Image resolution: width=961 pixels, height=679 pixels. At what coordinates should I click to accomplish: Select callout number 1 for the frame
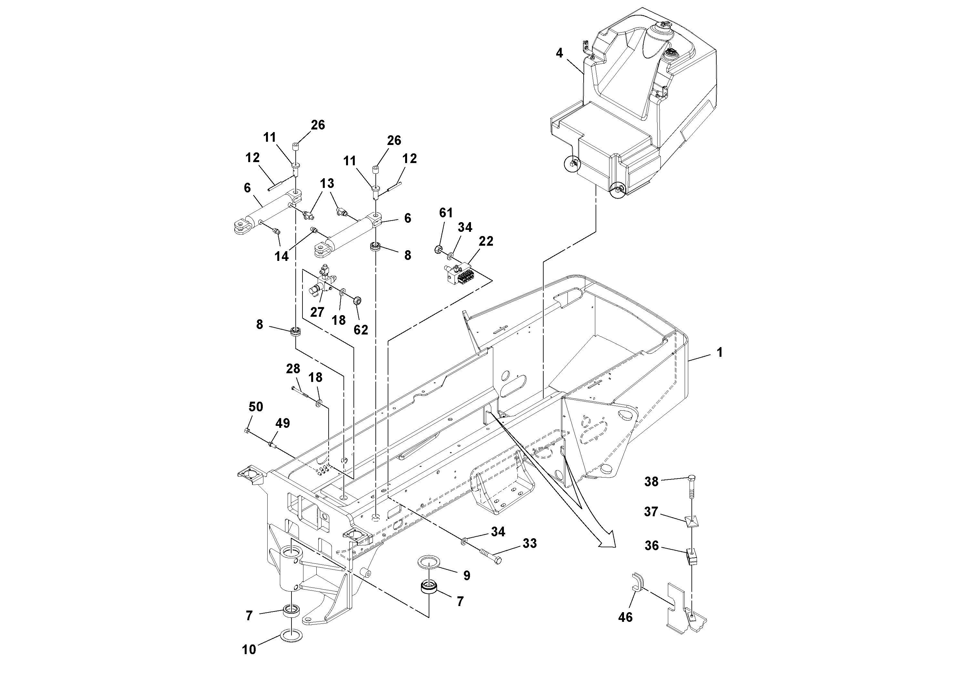[720, 353]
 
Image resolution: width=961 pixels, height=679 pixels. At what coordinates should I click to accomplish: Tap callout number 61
[446, 213]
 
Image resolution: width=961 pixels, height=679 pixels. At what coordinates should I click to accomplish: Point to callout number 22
[486, 241]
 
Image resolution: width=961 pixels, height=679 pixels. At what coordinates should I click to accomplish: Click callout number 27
[317, 312]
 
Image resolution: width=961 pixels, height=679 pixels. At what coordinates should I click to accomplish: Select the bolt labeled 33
[490, 557]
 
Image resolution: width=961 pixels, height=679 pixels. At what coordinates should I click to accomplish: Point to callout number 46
[625, 617]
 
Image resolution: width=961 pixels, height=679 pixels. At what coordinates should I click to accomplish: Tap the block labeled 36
[693, 557]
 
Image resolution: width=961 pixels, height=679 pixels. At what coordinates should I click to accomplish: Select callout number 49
[282, 423]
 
